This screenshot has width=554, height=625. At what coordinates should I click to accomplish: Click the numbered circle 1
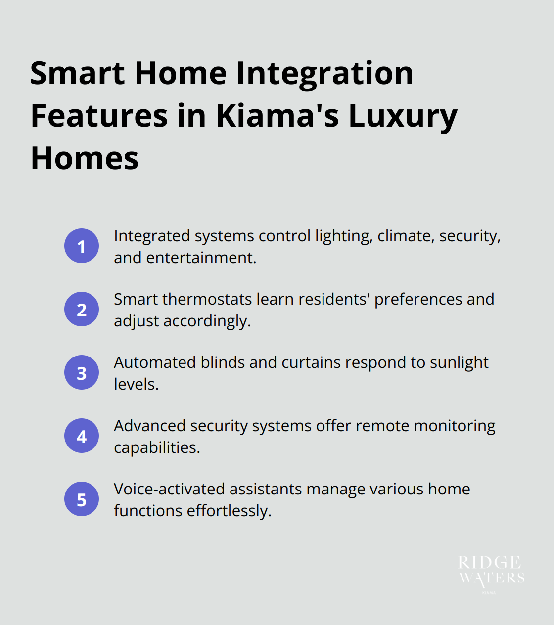click(82, 246)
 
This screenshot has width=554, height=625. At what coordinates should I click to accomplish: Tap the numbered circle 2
click(82, 309)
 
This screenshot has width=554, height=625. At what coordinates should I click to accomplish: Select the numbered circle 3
click(82, 372)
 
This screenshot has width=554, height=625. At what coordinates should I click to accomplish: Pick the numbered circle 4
click(82, 436)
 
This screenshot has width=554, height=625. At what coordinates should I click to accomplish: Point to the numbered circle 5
click(82, 499)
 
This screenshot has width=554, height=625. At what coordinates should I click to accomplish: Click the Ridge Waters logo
click(491, 574)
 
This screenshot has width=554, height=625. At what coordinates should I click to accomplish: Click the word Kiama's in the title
click(277, 116)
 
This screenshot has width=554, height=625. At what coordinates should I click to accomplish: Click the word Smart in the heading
click(78, 73)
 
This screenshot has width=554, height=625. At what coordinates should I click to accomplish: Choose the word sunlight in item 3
click(459, 363)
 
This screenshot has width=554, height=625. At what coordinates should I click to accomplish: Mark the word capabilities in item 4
click(156, 448)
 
